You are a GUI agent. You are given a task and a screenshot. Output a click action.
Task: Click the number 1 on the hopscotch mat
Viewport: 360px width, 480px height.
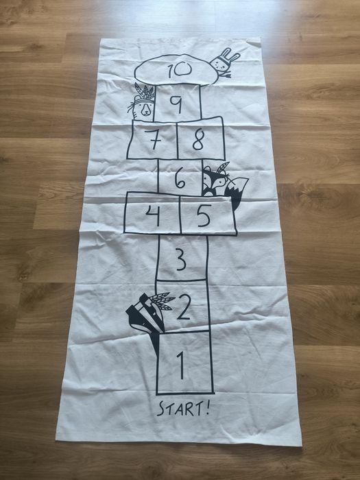pos(181,365)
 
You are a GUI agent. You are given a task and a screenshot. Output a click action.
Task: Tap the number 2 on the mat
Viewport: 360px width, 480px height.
pos(184,307)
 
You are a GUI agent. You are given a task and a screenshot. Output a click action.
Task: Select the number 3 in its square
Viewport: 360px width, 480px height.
pos(182,259)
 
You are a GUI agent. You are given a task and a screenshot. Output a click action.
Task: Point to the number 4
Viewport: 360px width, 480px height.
pos(153,215)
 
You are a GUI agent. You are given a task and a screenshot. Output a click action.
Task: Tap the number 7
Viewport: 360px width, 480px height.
pos(153,139)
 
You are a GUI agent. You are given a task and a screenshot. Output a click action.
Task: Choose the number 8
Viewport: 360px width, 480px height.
pos(198,139)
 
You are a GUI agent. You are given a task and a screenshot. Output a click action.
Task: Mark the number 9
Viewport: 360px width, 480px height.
pos(177,104)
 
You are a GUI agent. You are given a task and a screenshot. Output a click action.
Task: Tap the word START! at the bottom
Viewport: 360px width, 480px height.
pos(183,409)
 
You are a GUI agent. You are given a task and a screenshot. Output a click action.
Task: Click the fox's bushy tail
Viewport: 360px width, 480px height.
pos(237,191)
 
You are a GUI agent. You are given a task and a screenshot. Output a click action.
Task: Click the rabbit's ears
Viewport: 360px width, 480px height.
pos(230,54)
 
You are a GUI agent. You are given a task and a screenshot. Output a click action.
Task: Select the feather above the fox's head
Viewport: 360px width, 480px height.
pos(223,167)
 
